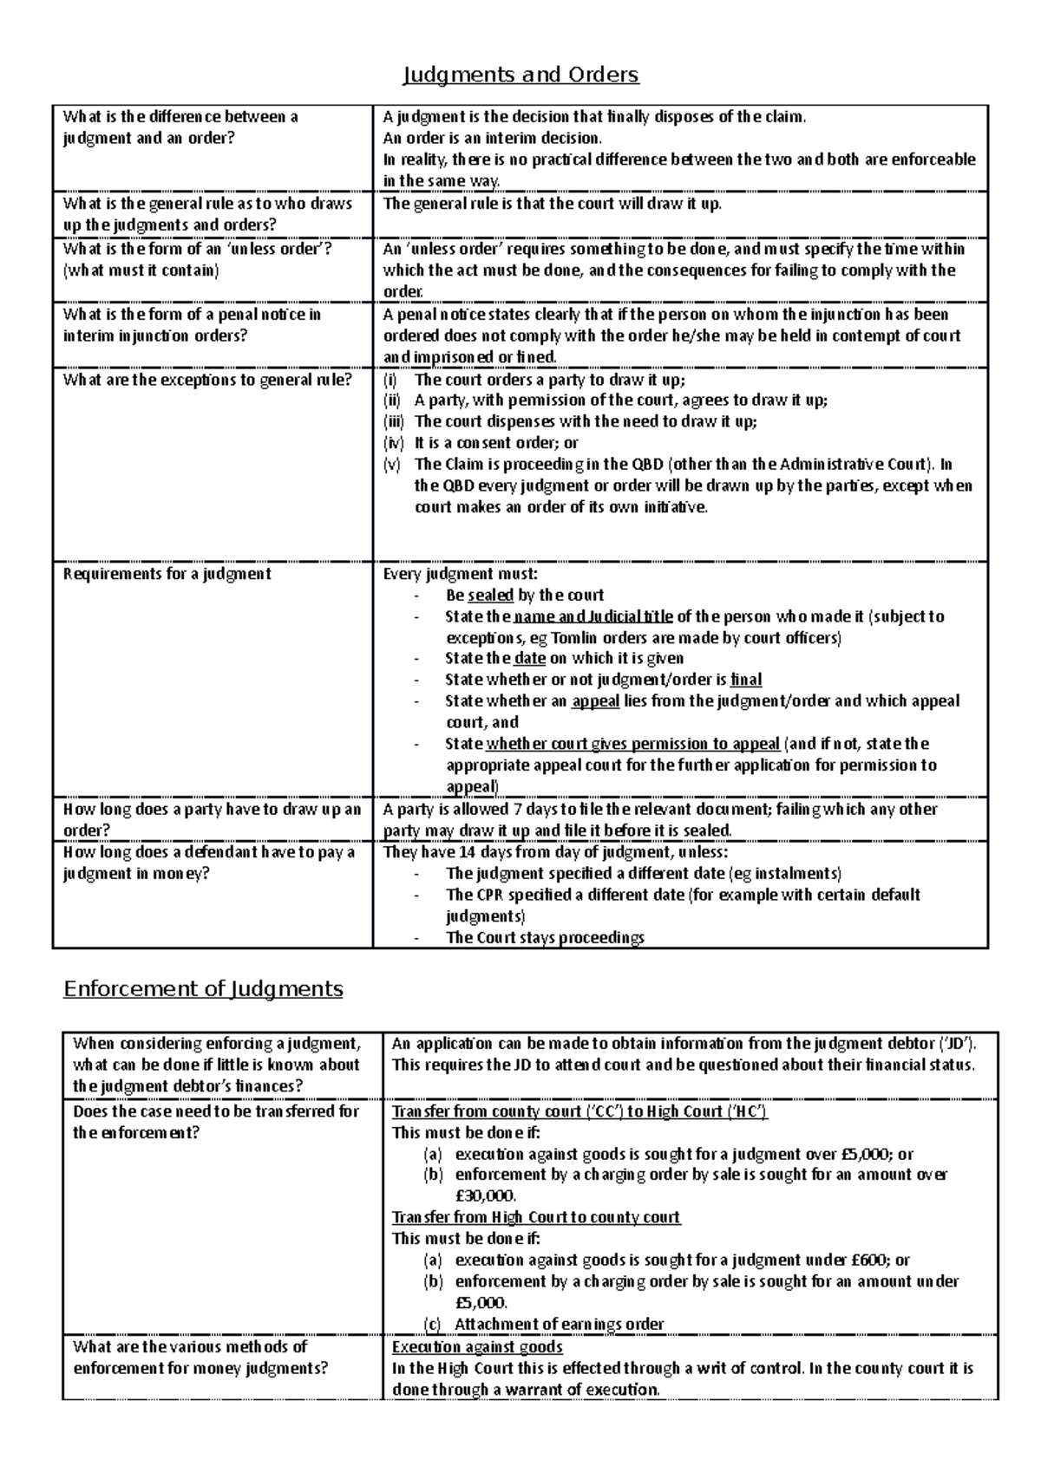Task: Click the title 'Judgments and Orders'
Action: point(520,75)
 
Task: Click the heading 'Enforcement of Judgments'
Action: point(203,988)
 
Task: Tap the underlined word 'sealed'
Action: point(490,596)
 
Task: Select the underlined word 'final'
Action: point(746,680)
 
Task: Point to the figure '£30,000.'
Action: point(485,1196)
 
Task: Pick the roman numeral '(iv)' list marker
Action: point(393,443)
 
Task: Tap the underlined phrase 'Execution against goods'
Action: point(477,1347)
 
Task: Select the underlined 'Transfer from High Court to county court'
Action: point(536,1217)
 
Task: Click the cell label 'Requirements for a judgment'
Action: point(167,574)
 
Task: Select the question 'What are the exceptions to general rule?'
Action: point(207,380)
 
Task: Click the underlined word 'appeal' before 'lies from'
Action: point(595,700)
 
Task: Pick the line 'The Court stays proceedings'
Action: point(545,937)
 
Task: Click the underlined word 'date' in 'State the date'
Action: point(530,659)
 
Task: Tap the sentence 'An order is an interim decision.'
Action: point(492,138)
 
